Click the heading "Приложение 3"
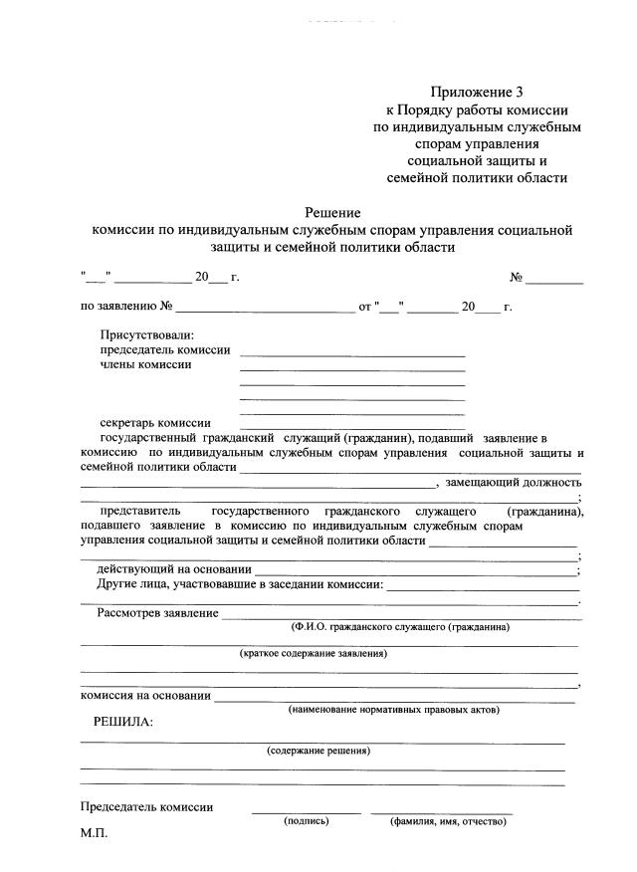pos(476,92)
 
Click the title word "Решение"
pos(332,212)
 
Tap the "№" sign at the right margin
pos(517,276)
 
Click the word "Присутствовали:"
pos(147,335)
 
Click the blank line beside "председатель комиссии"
pos(352,353)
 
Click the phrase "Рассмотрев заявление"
pos(158,613)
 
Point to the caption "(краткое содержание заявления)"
pos(314,654)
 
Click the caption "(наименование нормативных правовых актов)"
pos(394,710)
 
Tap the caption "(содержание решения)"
pos(318,751)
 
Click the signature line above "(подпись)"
pos(307,812)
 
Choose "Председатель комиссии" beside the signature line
pos(145,807)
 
